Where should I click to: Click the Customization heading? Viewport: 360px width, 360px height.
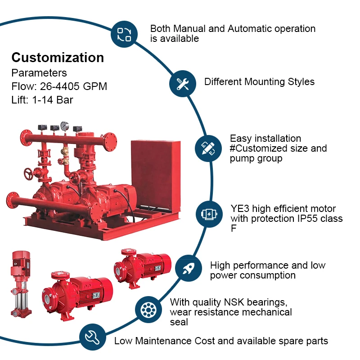click(58, 58)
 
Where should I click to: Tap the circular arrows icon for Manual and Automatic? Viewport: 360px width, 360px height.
click(124, 34)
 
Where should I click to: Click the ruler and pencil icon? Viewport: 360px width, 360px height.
click(208, 148)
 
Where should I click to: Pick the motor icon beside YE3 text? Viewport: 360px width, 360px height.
click(210, 213)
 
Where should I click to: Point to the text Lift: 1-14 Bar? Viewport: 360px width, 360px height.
click(42, 99)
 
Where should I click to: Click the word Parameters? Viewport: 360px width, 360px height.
click(39, 73)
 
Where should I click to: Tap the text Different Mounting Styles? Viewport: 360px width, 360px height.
click(259, 82)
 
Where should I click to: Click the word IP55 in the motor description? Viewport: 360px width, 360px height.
click(311, 219)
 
